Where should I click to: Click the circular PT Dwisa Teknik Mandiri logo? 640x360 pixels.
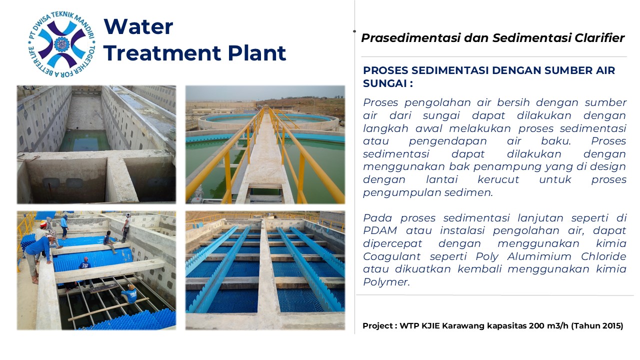coord(61,44)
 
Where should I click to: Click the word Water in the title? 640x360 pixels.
coord(138,26)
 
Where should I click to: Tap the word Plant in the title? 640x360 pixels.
coord(257,53)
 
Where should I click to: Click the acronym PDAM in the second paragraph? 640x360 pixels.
coord(380,230)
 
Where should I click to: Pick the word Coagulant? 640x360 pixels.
coord(391,256)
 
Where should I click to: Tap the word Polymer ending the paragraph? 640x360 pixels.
coord(386,282)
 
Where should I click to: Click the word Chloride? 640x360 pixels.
coord(603,256)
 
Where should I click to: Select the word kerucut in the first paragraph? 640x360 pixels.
coord(498,179)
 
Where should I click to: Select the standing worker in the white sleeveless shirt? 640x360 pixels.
coord(126,227)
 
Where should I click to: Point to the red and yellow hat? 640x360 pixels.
coord(43,223)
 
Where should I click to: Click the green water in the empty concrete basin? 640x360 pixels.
coord(84,140)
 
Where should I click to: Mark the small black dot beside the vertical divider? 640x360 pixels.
coord(354,31)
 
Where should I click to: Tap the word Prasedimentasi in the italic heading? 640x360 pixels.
coord(411,38)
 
